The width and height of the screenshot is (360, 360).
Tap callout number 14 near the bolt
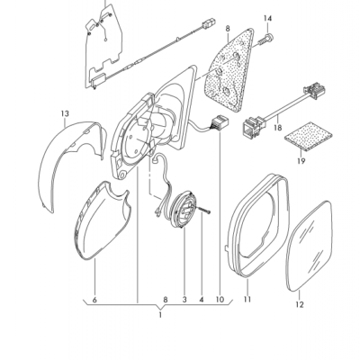(x=266, y=19)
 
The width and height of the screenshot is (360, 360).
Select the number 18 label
(x=276, y=129)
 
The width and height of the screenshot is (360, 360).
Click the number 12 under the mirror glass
(x=300, y=305)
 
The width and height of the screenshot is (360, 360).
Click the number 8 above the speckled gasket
(x=228, y=29)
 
